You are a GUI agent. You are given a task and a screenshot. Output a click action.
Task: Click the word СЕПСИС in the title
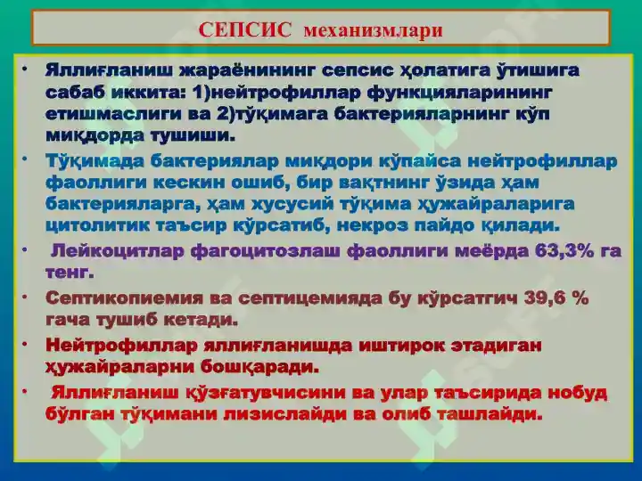(245, 30)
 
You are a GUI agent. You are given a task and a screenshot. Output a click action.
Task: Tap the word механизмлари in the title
(374, 30)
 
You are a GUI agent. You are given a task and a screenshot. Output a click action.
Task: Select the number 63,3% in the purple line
(564, 250)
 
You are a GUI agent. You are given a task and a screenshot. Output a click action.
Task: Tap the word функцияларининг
(459, 93)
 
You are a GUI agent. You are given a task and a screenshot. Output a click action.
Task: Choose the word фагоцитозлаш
(266, 251)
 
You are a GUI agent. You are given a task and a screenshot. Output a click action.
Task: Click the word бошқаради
(259, 366)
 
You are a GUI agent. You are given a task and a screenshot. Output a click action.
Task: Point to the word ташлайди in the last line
(490, 414)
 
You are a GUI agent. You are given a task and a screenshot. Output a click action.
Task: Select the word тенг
(70, 273)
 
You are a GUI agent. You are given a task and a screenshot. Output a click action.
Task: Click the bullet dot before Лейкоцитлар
(25, 249)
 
